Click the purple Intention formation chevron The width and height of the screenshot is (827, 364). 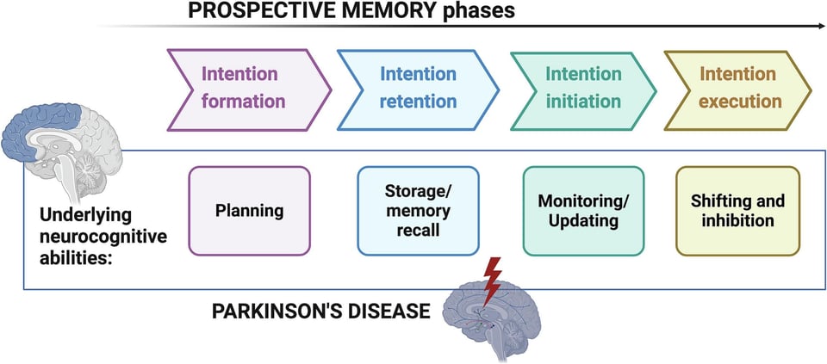click(244, 89)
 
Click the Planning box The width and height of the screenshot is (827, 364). click(249, 211)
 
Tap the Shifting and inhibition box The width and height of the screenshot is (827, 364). click(737, 211)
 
